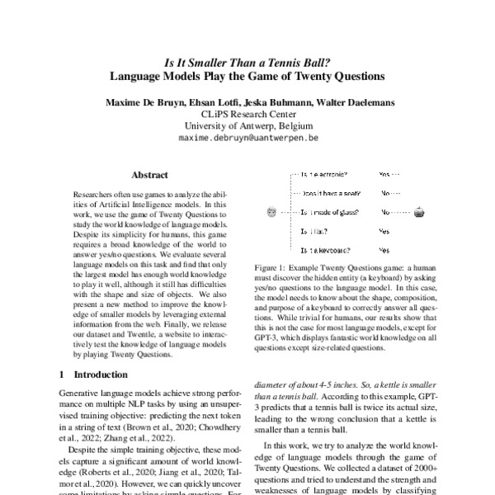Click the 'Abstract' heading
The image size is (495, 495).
click(x=150, y=175)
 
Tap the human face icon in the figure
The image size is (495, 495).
click(x=272, y=212)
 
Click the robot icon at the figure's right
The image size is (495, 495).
click(x=419, y=212)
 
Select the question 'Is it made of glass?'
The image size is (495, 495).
click(x=329, y=212)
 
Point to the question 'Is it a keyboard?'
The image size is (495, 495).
click(x=325, y=249)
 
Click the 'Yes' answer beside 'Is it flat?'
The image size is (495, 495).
click(x=384, y=231)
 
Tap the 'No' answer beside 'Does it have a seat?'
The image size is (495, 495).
click(x=385, y=194)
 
